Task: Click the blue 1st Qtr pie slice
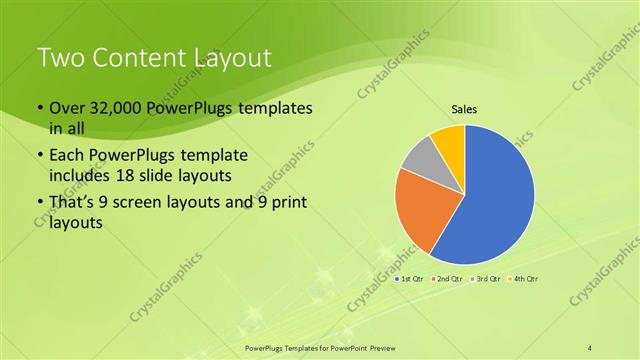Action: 495,200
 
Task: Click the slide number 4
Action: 590,346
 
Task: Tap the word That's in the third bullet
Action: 76,205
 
